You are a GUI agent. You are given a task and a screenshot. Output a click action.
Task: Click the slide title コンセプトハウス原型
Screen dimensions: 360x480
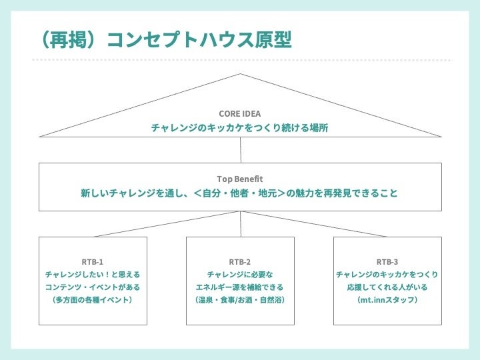pos(189,39)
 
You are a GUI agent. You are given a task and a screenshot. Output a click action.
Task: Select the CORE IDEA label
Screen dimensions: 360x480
pos(240,114)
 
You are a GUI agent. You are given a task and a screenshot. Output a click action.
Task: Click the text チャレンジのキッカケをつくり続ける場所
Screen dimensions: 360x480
pos(240,127)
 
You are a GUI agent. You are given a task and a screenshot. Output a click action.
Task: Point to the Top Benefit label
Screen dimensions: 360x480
pos(240,179)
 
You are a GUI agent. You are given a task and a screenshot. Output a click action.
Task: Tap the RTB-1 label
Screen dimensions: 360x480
pos(93,261)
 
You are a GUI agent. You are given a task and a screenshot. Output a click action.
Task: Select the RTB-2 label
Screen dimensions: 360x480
pos(240,261)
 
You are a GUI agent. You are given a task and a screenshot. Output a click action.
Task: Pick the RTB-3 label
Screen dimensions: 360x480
pos(387,261)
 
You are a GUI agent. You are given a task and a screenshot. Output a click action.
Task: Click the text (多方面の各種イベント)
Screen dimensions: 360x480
pos(93,300)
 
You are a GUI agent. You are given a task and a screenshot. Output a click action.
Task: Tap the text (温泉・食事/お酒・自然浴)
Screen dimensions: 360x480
pos(240,300)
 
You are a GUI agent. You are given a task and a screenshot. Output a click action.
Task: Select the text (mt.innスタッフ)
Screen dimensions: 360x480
pos(387,300)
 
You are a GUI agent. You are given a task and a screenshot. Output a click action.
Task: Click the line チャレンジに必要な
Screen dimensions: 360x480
pos(240,274)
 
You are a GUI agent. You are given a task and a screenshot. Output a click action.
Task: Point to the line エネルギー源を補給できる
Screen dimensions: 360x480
pos(240,287)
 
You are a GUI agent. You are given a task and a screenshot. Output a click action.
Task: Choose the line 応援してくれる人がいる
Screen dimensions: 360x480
pos(387,287)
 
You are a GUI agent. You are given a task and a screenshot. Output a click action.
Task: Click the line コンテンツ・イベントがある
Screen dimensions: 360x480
pos(93,287)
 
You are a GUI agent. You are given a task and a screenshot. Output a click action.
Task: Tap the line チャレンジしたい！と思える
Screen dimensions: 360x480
pos(93,274)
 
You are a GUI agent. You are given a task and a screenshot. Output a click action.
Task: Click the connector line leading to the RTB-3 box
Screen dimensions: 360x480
pos(313,224)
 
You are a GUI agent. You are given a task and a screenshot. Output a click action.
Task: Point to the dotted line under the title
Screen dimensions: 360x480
pos(240,60)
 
